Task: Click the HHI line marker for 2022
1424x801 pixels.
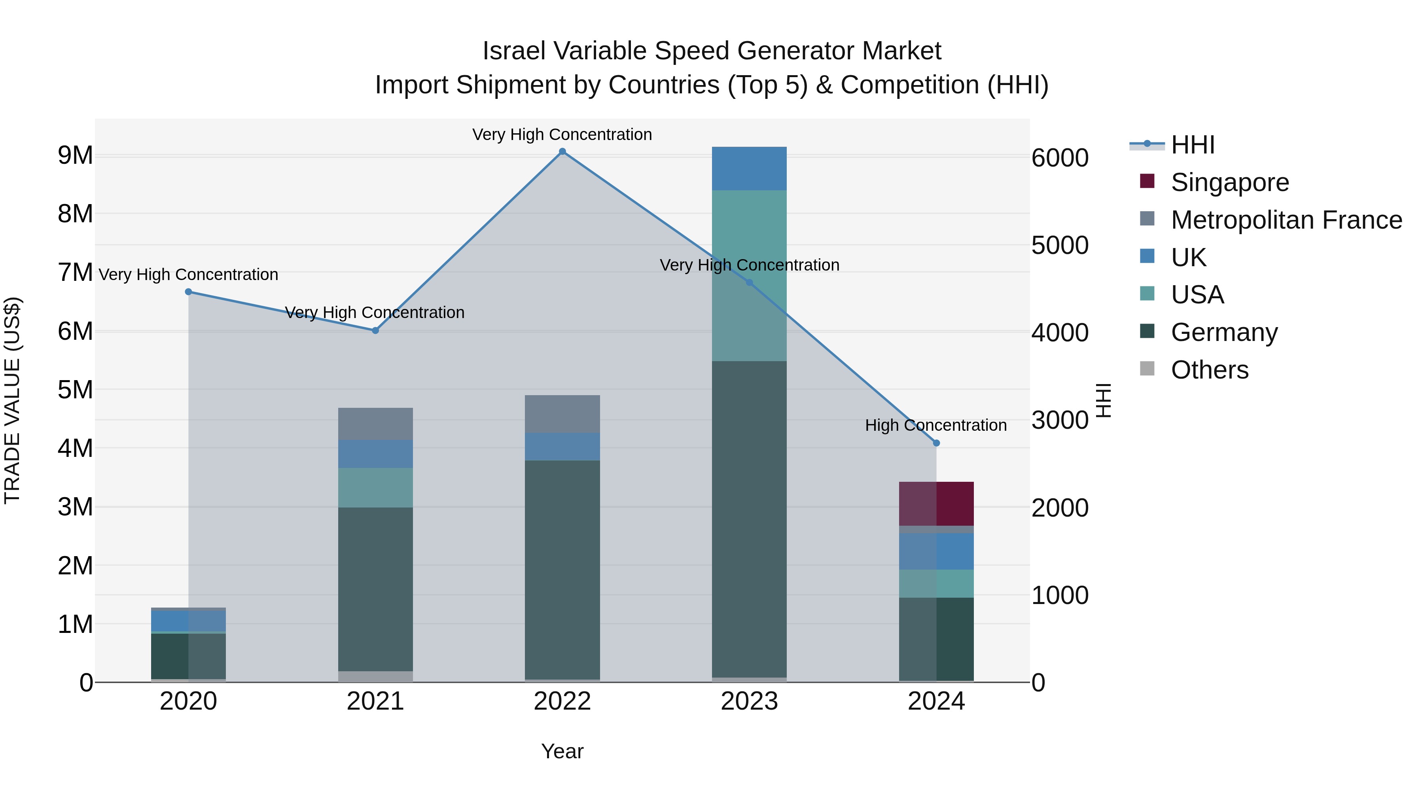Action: tap(562, 151)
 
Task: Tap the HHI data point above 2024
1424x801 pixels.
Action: tap(936, 443)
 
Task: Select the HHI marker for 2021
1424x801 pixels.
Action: tap(375, 331)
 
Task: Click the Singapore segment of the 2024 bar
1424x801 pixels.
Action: tap(936, 504)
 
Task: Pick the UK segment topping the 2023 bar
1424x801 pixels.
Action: tap(749, 169)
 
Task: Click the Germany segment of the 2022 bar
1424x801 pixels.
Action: tap(562, 569)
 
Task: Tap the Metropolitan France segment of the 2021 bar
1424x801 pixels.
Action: tap(375, 424)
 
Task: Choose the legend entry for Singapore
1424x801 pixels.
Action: tap(1229, 182)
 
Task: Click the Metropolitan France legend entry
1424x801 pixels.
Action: tap(1286, 220)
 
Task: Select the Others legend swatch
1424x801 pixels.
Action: tap(1147, 369)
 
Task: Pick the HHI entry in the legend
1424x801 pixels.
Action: tap(1192, 145)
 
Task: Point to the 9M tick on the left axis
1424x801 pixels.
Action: tap(75, 155)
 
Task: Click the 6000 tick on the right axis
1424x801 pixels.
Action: tap(1060, 158)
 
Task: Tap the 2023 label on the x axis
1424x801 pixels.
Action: tap(749, 701)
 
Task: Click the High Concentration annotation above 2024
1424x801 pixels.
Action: tap(935, 425)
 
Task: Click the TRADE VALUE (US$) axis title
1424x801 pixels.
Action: tap(12, 400)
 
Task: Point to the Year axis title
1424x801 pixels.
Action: tap(562, 751)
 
